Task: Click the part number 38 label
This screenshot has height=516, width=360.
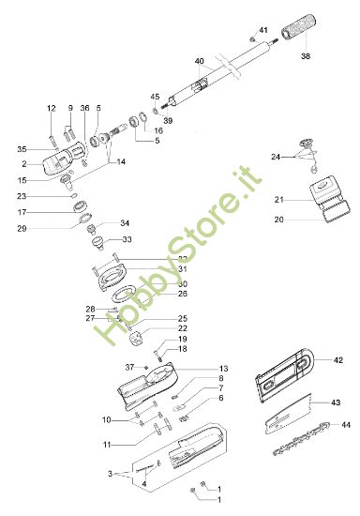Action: tap(305, 57)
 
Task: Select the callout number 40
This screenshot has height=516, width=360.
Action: tap(199, 61)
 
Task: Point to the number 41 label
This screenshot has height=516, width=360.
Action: tap(262, 30)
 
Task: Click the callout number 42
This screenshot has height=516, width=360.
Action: tap(338, 359)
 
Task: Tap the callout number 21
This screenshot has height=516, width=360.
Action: tap(278, 200)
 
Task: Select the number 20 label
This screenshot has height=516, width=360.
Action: tap(278, 220)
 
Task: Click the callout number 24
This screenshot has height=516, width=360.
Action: tap(276, 156)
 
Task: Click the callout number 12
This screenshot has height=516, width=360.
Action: tap(52, 110)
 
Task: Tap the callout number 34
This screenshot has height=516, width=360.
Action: tap(126, 223)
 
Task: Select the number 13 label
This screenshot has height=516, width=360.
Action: tap(223, 369)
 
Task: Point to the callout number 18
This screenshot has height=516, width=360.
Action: tap(183, 349)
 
